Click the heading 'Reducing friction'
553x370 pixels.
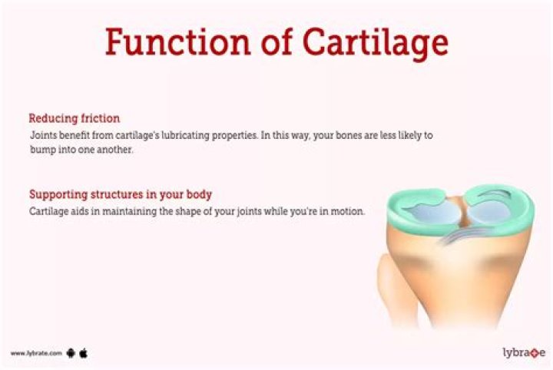tap(74, 119)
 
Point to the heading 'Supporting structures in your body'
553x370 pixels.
tap(120, 194)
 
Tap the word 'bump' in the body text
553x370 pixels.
tap(41, 150)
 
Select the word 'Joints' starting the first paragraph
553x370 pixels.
tap(42, 135)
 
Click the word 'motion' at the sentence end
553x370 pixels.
tap(346, 210)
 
